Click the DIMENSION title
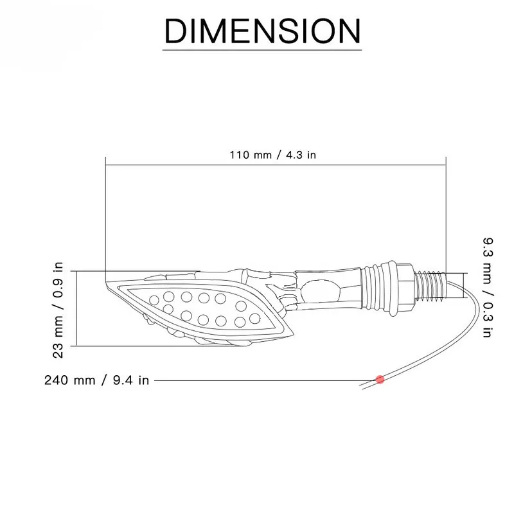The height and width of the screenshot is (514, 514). coord(262,30)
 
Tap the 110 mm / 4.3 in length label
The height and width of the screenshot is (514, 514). coord(272,155)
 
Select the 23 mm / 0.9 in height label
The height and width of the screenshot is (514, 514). coord(58,310)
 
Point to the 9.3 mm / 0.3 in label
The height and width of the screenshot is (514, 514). coord(488,287)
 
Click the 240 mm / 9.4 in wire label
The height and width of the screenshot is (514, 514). coord(97,380)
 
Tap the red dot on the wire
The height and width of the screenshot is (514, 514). coord(380,380)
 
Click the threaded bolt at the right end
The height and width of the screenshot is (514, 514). coord(430,285)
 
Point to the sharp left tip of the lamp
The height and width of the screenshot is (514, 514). coord(107,281)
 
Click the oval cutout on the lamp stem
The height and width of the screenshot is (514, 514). coord(319,291)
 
